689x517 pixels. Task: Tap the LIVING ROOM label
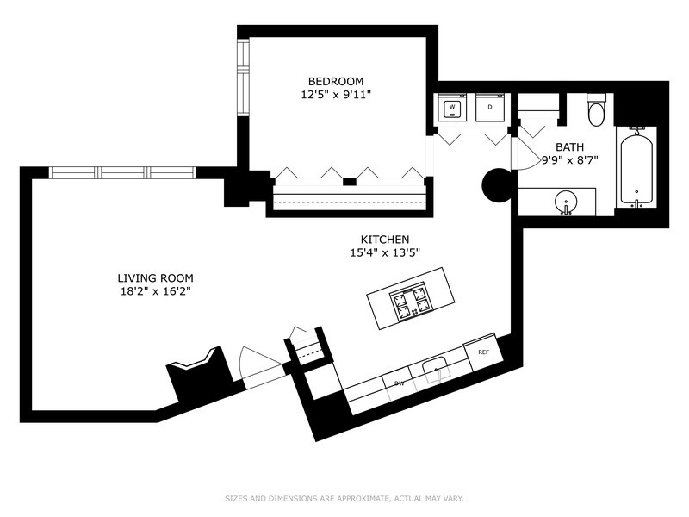click(x=155, y=278)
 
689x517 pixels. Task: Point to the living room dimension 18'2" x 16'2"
click(x=155, y=292)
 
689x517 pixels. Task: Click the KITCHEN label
click(x=384, y=239)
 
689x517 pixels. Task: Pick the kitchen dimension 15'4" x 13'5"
click(x=384, y=252)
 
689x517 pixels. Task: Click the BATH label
click(x=569, y=147)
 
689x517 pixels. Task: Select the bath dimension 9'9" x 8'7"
click(x=569, y=160)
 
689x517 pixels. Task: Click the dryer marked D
click(x=490, y=108)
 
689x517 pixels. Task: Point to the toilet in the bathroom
click(x=596, y=111)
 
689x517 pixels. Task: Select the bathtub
click(x=636, y=167)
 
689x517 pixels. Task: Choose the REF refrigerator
click(x=483, y=352)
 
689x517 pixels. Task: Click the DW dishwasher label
click(x=399, y=383)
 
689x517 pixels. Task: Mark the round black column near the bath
click(x=497, y=184)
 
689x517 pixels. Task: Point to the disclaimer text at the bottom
click(x=344, y=498)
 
